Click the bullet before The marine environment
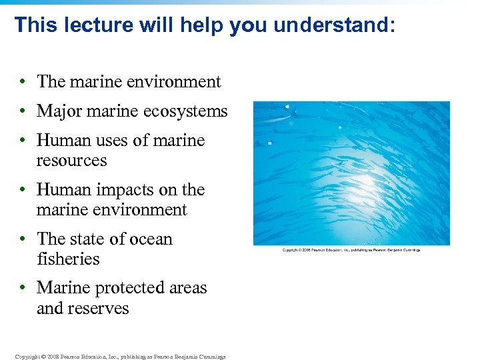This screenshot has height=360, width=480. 23,82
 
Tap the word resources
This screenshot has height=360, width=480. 71,161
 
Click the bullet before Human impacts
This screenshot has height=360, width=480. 23,190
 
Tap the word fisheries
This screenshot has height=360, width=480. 68,259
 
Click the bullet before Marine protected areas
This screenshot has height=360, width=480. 23,288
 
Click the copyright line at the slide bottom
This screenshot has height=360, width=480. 121,357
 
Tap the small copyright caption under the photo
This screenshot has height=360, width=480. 351,250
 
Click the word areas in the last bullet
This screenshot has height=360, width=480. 189,288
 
